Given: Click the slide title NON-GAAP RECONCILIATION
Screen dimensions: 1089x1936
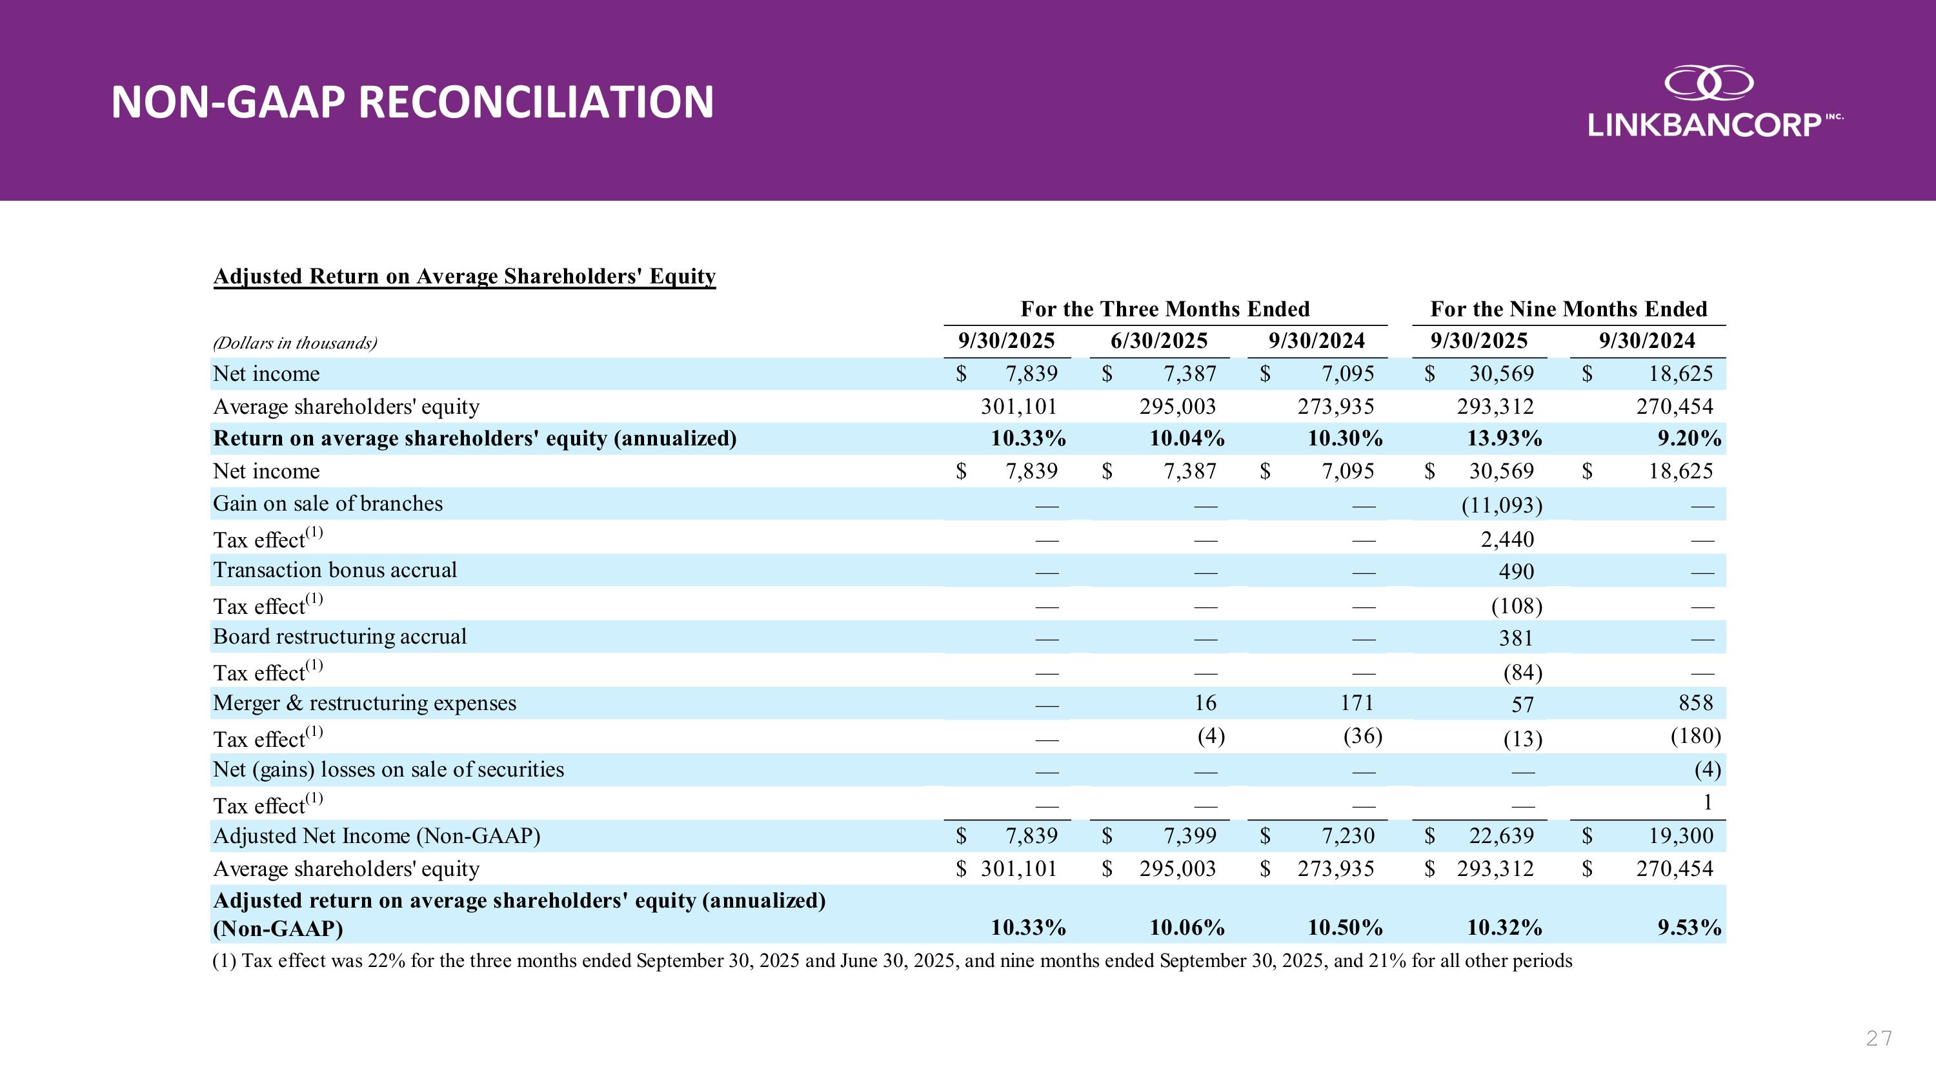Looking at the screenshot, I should [x=412, y=102].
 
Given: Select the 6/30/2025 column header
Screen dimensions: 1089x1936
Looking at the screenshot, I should [x=1159, y=341].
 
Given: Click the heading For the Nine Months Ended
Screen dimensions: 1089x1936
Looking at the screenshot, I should [x=1569, y=309].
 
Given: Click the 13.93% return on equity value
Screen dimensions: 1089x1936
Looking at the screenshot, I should [x=1504, y=438].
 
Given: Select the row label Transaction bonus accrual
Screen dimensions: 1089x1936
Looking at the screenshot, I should [x=334, y=571].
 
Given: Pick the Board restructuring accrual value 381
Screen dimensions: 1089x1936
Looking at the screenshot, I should [x=1516, y=638].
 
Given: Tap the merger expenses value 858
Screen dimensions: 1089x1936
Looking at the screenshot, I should [x=1695, y=703].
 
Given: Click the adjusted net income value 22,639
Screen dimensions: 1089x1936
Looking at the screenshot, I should [x=1501, y=836].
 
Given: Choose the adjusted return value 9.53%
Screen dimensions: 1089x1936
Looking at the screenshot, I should [x=1689, y=928].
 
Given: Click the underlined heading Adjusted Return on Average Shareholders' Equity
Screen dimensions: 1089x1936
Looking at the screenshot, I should [x=465, y=276].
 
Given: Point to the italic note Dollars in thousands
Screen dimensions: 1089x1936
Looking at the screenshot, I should [x=295, y=343].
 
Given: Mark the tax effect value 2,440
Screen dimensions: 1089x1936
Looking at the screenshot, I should [x=1507, y=540].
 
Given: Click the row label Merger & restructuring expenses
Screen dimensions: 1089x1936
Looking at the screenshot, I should [x=365, y=704].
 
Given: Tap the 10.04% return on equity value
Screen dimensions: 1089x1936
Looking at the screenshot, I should [x=1187, y=438].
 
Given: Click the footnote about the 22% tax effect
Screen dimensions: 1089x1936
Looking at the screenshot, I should [x=891, y=961].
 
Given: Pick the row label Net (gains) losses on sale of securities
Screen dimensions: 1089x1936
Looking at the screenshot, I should [x=388, y=769].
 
